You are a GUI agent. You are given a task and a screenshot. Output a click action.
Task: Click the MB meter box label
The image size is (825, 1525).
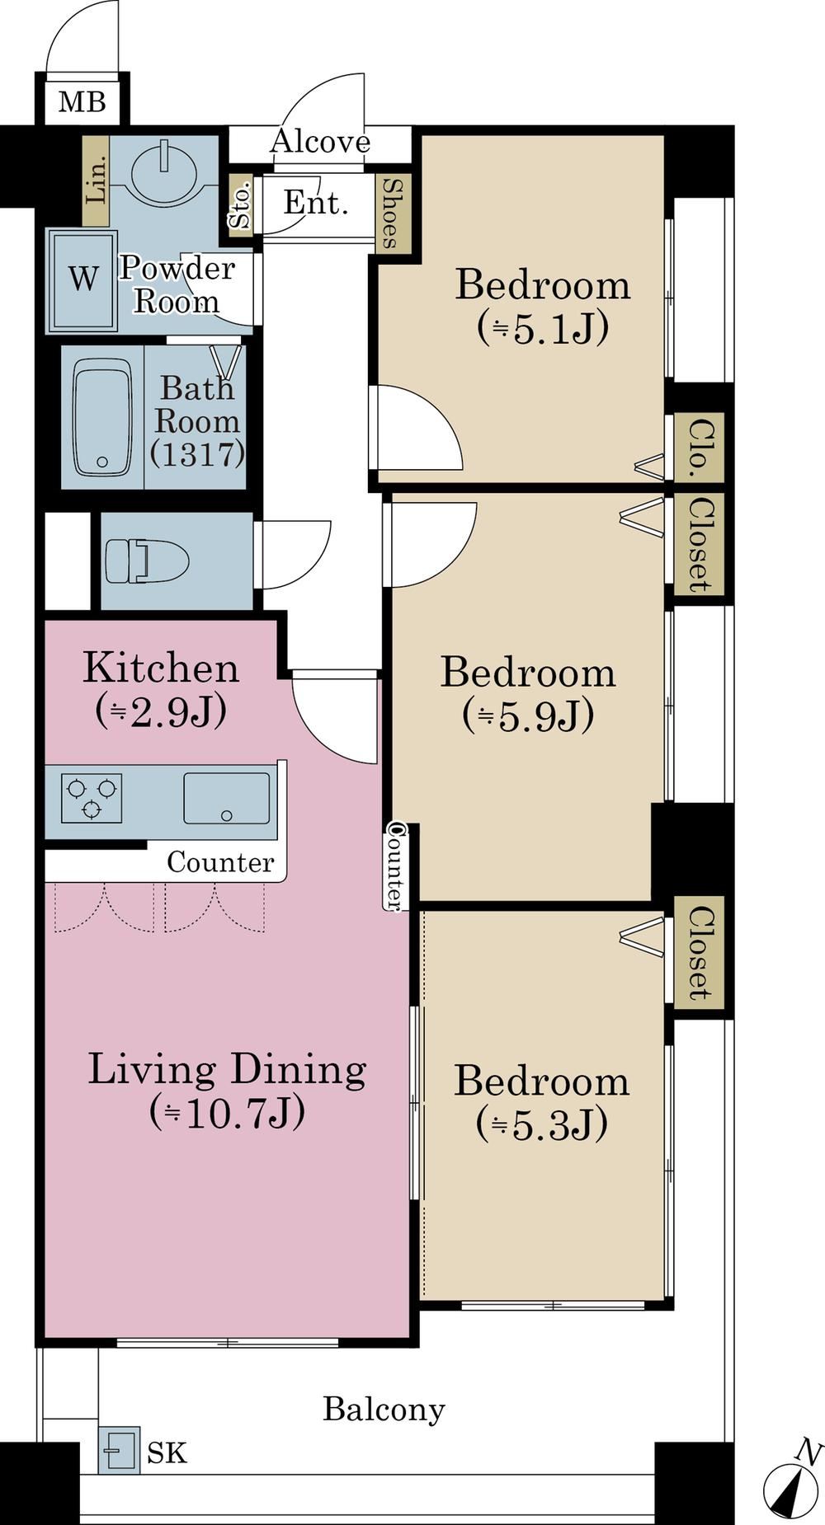(82, 102)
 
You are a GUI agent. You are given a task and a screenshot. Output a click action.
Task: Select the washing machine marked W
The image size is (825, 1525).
(82, 280)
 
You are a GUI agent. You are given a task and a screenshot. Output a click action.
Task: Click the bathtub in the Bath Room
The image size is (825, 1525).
(103, 418)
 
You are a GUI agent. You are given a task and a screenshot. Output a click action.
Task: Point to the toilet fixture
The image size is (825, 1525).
(147, 561)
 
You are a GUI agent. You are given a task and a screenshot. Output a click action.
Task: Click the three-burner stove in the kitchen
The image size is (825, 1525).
(92, 798)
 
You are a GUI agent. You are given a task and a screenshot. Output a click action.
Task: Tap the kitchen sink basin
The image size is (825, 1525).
(226, 798)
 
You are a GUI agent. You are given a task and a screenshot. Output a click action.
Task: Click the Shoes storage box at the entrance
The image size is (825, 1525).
(389, 213)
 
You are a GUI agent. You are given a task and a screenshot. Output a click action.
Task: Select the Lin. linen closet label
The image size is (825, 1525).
(97, 181)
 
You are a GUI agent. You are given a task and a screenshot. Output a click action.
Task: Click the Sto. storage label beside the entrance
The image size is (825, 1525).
(240, 206)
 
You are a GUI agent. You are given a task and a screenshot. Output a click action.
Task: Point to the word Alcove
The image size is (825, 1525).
(321, 143)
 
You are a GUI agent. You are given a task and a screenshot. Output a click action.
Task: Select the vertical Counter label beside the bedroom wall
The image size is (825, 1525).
(395, 866)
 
